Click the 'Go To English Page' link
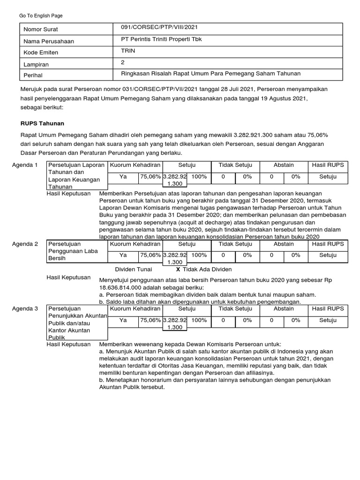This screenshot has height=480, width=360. (41, 15)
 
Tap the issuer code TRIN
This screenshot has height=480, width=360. (128, 51)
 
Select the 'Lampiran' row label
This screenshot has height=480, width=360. (36, 64)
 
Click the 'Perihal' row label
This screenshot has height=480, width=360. (34, 75)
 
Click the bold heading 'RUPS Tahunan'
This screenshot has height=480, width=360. (42, 123)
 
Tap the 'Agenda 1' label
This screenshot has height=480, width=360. (25, 165)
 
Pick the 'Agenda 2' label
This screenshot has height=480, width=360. (25, 244)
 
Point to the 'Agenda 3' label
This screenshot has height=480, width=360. (25, 309)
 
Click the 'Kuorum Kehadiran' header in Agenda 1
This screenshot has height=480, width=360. (135, 165)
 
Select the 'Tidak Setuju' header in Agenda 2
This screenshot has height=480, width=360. (235, 244)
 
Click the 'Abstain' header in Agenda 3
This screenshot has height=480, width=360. (284, 309)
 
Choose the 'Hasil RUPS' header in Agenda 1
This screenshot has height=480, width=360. (328, 165)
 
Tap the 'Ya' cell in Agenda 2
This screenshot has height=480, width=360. (123, 255)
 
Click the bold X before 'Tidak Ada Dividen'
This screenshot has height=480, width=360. (178, 270)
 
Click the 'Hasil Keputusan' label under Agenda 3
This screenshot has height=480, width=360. (68, 344)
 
